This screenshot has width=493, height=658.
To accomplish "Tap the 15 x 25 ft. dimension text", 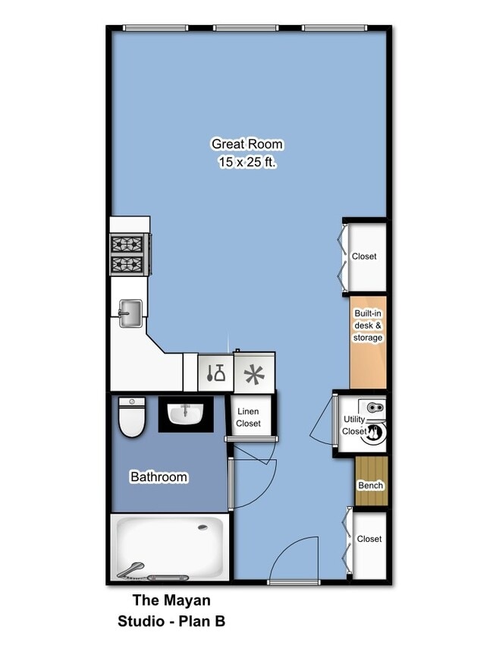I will pyautogui.click(x=246, y=162).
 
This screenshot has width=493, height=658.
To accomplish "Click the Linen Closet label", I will pyautogui.click(x=248, y=417).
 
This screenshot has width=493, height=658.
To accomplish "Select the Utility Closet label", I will pyautogui.click(x=354, y=425).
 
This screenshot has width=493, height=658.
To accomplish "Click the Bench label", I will pyautogui.click(x=370, y=486).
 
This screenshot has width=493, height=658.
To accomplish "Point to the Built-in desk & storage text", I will pyautogui.click(x=368, y=325).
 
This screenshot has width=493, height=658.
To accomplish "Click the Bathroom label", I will pyautogui.click(x=159, y=477).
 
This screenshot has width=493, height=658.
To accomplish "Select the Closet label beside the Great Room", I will pyautogui.click(x=364, y=257).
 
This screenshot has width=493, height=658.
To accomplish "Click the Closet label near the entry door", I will pyautogui.click(x=369, y=539).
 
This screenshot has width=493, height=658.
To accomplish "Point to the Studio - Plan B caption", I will pyautogui.click(x=171, y=622).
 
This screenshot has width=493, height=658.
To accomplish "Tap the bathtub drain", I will pyautogui.click(x=202, y=527).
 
